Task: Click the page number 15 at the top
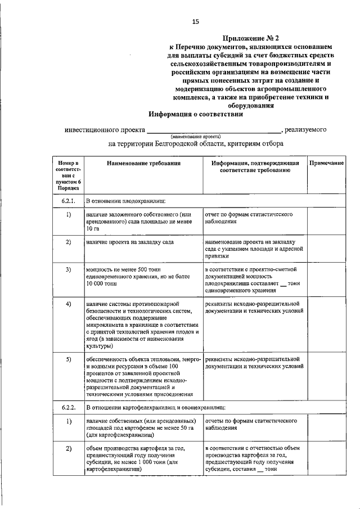(196, 21)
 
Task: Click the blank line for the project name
(214, 130)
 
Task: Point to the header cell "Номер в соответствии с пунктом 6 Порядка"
(68, 175)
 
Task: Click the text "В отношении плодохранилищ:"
(125, 200)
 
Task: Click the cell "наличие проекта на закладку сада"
(130, 242)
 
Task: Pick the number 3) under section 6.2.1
(68, 269)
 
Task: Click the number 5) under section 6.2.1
(68, 359)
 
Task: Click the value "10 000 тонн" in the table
(102, 283)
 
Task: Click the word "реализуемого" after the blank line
(306, 130)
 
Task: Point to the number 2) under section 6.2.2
(68, 449)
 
